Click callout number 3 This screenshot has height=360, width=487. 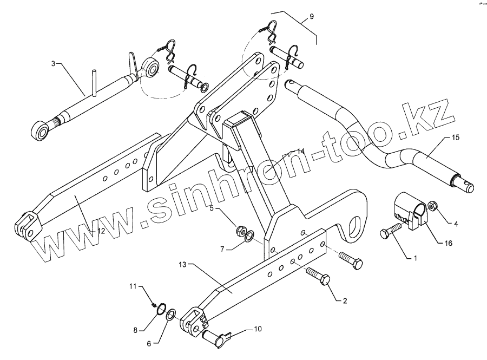53,63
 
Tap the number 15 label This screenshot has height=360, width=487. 455,139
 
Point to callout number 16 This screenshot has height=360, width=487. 448,244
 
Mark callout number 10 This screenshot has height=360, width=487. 257,329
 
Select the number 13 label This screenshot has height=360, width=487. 182,265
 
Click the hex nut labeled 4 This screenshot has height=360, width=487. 432,206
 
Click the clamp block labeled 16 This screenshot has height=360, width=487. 410,213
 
